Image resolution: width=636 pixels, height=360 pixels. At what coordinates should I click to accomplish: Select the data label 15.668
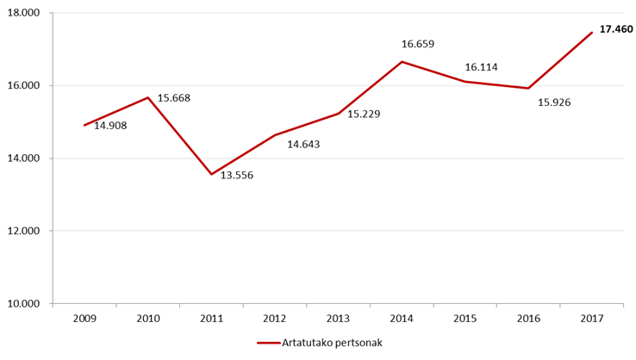pyautogui.click(x=174, y=97)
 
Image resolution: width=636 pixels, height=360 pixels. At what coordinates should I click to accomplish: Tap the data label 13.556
pyautogui.click(x=236, y=176)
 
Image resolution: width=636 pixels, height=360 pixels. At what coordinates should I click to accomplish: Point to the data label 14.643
pyautogui.click(x=303, y=144)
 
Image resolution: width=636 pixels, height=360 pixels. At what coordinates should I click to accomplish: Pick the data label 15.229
pyautogui.click(x=364, y=114)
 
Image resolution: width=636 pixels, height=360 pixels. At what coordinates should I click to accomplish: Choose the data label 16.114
pyautogui.click(x=481, y=67)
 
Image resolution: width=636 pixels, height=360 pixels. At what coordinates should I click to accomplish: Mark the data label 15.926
pyautogui.click(x=554, y=102)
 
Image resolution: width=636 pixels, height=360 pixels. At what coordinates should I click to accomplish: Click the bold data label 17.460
pyautogui.click(x=616, y=29)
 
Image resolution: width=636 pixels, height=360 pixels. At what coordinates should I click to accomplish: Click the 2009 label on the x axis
pyautogui.click(x=84, y=319)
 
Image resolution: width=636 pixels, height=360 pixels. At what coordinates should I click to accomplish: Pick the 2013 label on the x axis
pyautogui.click(x=339, y=319)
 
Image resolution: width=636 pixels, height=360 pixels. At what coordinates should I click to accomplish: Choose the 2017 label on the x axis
pyautogui.click(x=592, y=319)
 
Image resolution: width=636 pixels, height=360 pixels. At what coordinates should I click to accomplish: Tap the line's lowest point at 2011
pyautogui.click(x=212, y=174)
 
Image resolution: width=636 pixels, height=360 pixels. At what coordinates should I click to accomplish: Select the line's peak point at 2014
pyautogui.click(x=402, y=62)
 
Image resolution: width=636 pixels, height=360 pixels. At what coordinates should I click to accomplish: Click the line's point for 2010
pyautogui.click(x=148, y=97)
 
